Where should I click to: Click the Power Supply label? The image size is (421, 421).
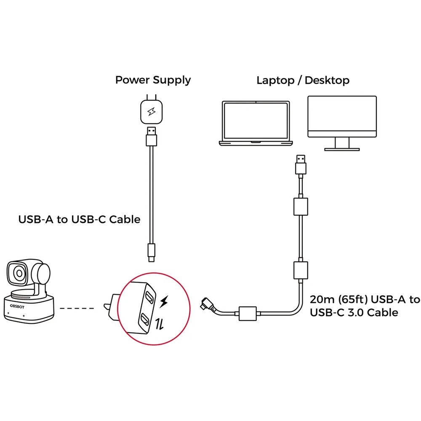pos(153,80)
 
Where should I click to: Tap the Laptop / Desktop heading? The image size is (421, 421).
pos(303,80)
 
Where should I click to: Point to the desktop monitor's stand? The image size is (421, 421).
pos(341,144)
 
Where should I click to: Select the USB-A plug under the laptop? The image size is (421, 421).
pos(300,165)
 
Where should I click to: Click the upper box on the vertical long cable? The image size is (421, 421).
pos(301,206)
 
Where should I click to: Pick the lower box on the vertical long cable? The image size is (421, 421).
pos(301,270)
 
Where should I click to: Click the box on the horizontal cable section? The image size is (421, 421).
pos(248,314)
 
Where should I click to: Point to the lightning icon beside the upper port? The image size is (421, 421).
pos(165,301)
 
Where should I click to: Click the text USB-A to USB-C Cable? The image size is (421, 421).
pos(80,219)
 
